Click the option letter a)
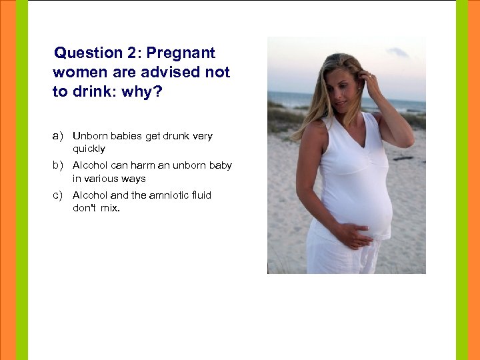[58, 136]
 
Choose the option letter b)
[58, 165]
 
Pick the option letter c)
[58, 195]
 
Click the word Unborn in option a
[89, 136]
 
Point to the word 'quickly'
[89, 149]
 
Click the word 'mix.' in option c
[111, 207]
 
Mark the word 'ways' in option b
[133, 178]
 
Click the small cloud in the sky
[397, 52]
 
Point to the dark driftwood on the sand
[404, 158]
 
